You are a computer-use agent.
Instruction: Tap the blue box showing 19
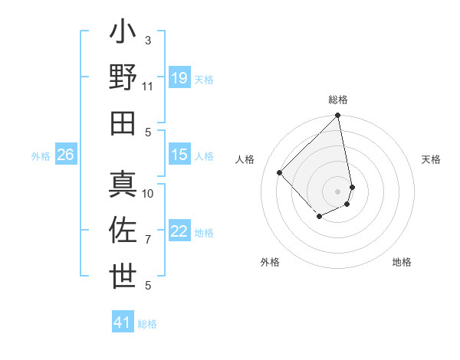pyautogui.click(x=179, y=78)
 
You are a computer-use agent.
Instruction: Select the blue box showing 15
pyautogui.click(x=179, y=155)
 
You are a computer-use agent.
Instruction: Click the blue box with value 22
pyautogui.click(x=179, y=231)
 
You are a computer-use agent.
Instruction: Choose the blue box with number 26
pyautogui.click(x=65, y=155)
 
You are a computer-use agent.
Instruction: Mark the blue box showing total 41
pyautogui.click(x=123, y=322)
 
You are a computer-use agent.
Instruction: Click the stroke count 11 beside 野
pyautogui.click(x=148, y=87)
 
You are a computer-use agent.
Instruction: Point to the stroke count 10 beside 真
pyautogui.click(x=148, y=194)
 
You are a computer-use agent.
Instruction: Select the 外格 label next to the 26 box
pyautogui.click(x=41, y=156)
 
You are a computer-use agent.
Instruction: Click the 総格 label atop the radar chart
pyautogui.click(x=338, y=100)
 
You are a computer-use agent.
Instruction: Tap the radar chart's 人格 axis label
pyautogui.click(x=245, y=159)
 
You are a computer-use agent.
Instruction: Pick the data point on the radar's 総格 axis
pyautogui.click(x=337, y=116)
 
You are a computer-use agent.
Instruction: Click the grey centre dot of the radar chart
pyautogui.click(x=337, y=191)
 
